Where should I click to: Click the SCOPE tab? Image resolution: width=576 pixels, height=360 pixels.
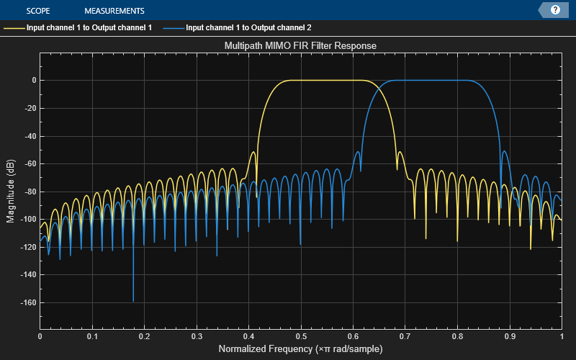37,11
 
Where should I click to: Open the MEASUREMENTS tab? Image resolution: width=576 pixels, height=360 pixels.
114,11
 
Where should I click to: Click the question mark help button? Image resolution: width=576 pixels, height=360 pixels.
555,10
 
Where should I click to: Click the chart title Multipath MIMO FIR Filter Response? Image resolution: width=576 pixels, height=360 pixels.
300,45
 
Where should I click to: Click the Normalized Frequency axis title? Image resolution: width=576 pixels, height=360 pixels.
300,350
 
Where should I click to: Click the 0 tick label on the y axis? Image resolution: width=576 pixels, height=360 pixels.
33,81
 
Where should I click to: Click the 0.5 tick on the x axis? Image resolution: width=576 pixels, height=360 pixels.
300,336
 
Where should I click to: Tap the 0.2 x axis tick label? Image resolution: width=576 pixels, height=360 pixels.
144,336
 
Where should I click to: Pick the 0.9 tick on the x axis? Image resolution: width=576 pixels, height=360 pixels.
509,336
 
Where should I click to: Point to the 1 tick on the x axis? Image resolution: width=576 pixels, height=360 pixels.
561,336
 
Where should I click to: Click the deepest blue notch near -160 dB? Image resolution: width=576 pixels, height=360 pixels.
133,300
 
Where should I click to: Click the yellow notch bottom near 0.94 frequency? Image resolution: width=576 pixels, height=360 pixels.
531,248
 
